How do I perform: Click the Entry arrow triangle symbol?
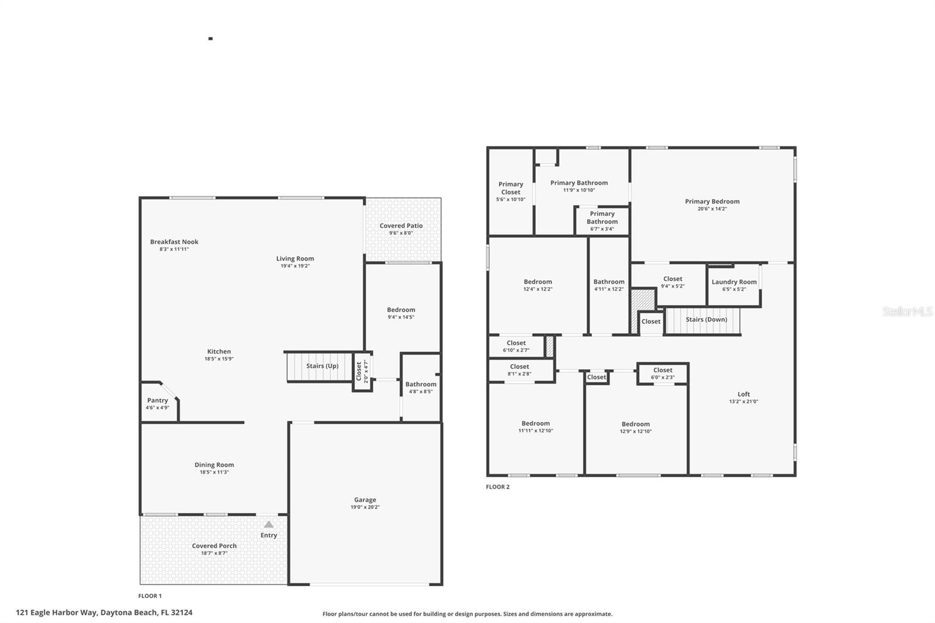click(268, 524)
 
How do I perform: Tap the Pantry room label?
click(157, 400)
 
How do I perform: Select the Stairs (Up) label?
click(323, 366)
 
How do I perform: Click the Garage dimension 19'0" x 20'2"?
click(365, 507)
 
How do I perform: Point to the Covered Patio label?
click(401, 226)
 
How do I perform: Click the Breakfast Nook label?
click(174, 241)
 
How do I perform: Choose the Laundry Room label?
click(734, 282)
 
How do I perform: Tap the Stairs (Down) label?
click(706, 320)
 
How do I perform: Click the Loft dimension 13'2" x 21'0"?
click(743, 402)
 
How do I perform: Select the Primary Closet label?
click(511, 188)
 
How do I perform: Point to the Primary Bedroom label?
click(712, 201)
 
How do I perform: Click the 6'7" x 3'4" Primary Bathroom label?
click(602, 218)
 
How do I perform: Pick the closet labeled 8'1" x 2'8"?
click(520, 367)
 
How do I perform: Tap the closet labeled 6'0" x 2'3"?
click(663, 370)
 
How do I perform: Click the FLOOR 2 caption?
click(497, 487)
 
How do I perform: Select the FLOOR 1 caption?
click(150, 596)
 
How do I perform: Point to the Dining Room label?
click(214, 465)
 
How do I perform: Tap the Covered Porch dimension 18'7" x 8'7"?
click(214, 553)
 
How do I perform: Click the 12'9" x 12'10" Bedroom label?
click(635, 424)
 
